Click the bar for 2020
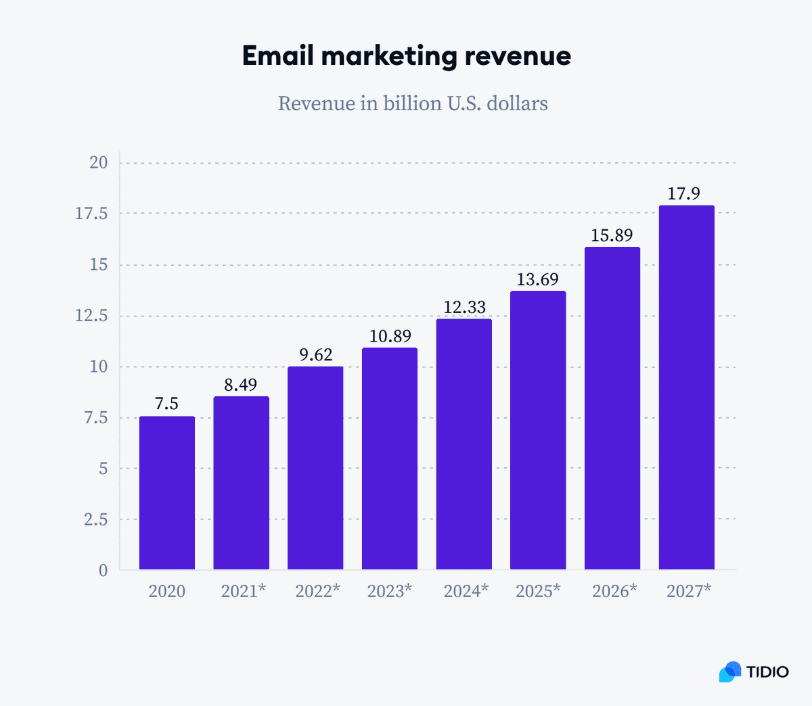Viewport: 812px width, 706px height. click(167, 493)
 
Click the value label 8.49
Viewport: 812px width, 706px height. click(241, 385)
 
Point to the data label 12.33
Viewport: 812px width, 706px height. click(464, 308)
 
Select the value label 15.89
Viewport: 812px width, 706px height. click(612, 235)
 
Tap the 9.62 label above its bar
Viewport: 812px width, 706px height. click(316, 355)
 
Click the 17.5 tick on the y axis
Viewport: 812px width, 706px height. click(91, 214)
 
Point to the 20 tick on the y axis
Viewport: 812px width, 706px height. click(99, 162)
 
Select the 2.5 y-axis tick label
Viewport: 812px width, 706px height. click(95, 519)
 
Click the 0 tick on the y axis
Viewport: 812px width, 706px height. click(104, 571)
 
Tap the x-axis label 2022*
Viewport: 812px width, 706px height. click(317, 591)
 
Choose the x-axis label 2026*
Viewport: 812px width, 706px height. click(614, 591)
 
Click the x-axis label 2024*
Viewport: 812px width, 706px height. click(466, 591)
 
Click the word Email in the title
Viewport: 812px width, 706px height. click(277, 55)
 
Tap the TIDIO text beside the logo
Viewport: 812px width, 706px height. click(767, 672)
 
